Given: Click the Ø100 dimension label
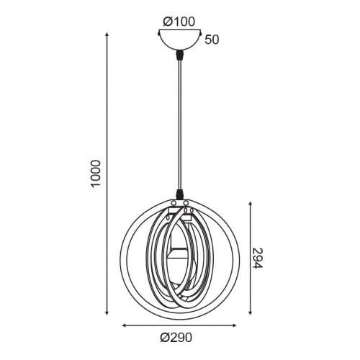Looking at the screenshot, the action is (179, 22).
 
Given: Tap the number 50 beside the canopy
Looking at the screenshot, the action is (212, 40).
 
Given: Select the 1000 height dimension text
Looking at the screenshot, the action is (95, 174).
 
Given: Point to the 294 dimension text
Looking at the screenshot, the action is (258, 258).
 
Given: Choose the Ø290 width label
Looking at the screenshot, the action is (176, 338).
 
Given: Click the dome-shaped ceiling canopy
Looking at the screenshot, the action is (179, 40).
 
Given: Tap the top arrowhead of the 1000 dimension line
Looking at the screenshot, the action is (107, 35).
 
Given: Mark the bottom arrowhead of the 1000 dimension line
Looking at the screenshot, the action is (107, 312).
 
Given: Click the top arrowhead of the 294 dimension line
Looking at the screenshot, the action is (251, 204).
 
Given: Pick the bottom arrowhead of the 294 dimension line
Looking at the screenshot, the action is (251, 312).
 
